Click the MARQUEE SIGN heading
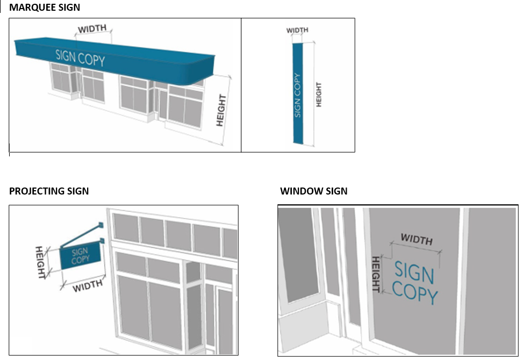tap(45, 8)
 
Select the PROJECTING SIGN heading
tap(49, 191)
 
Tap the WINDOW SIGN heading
tap(313, 191)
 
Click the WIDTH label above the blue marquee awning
tap(92, 28)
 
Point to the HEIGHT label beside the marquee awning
tap(221, 110)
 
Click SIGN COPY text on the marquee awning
tap(80, 57)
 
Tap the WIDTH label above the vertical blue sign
tap(297, 31)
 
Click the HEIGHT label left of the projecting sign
tap(40, 263)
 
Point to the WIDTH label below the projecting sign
tap(88, 285)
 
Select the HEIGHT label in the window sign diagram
tap(376, 273)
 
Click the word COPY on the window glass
tap(415, 295)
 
